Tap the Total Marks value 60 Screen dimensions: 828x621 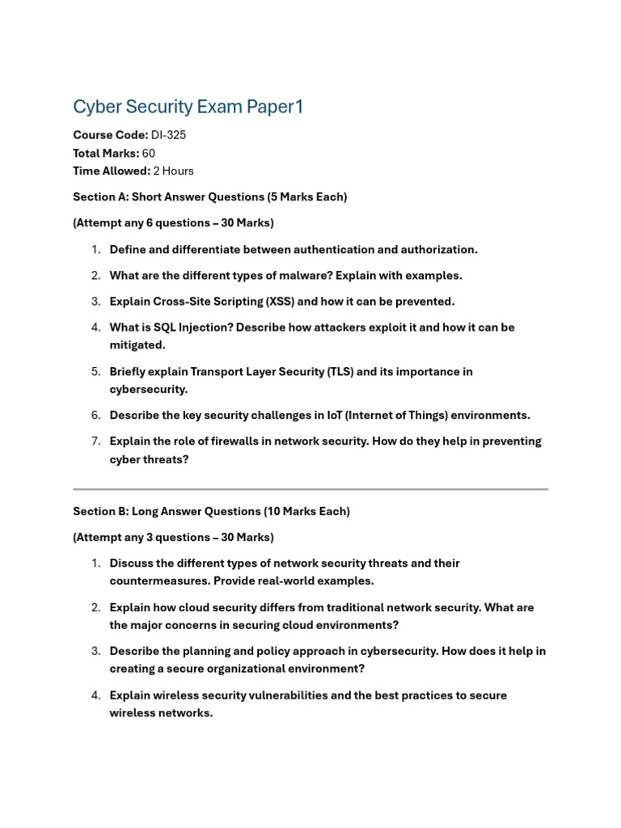(149, 153)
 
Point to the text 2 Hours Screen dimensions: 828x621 (173, 171)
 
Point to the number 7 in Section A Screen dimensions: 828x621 (95, 441)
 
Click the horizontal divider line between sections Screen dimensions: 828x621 (310, 489)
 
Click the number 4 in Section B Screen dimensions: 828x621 (95, 695)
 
